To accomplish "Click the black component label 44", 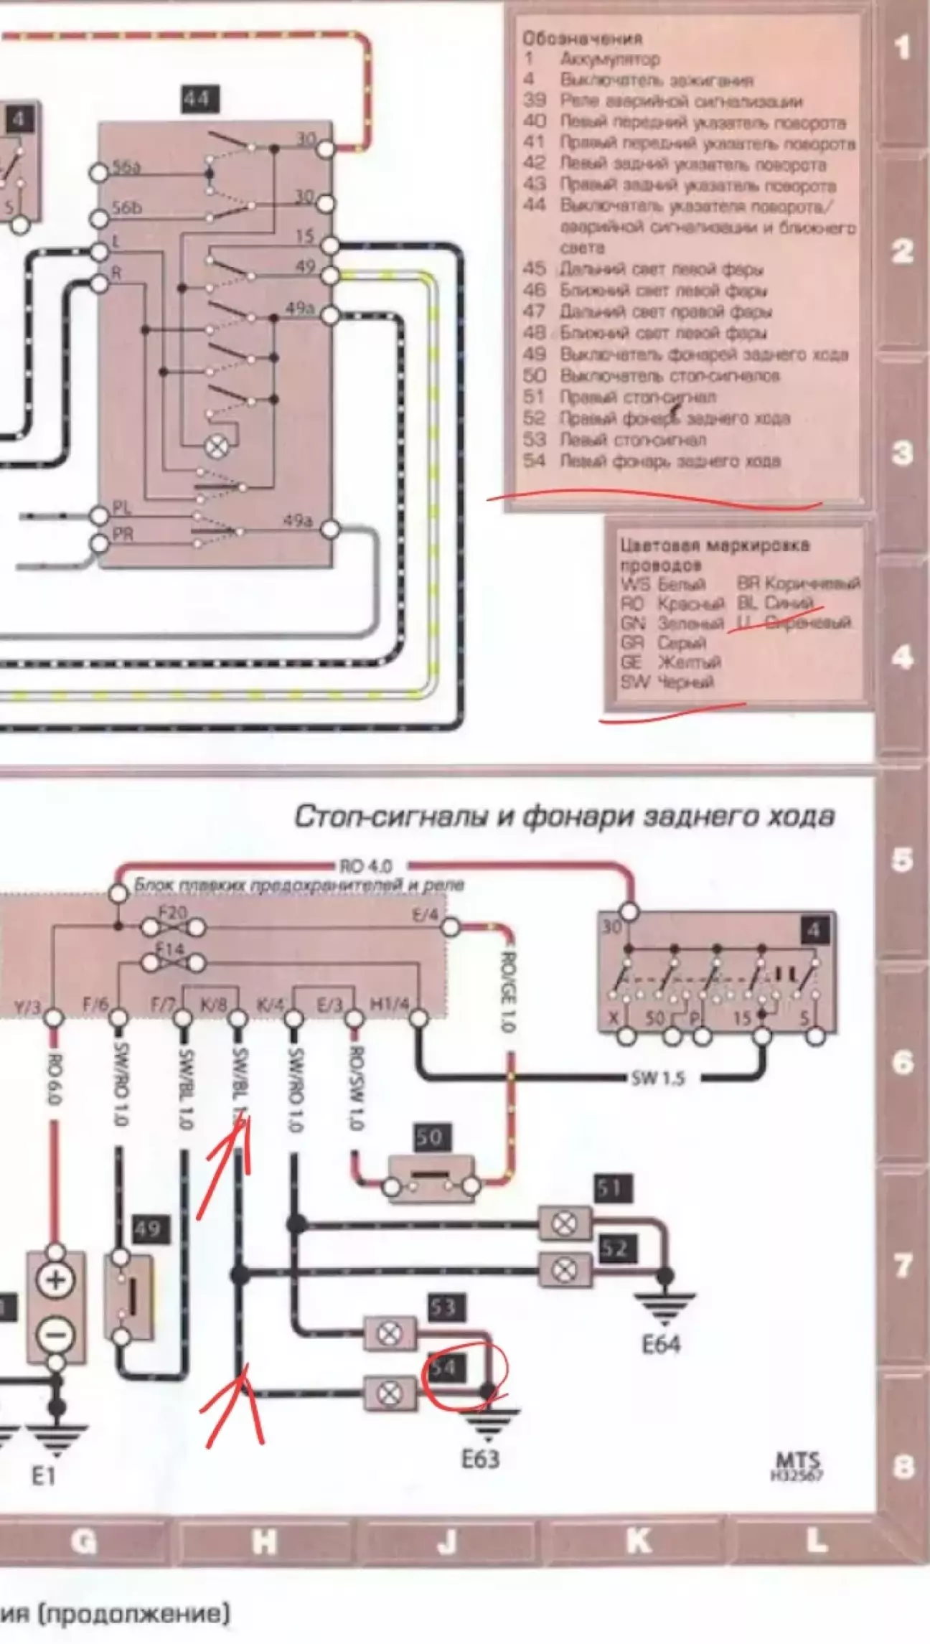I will click(199, 99).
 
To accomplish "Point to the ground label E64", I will click(660, 1343).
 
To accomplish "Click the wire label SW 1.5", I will click(658, 1078).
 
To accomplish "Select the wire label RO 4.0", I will click(365, 867).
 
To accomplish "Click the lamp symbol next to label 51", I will click(565, 1222).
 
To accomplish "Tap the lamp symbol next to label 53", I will click(390, 1333).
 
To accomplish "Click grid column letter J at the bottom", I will click(447, 1541).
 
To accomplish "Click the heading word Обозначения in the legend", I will click(582, 38).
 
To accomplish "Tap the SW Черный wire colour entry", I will click(667, 682).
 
